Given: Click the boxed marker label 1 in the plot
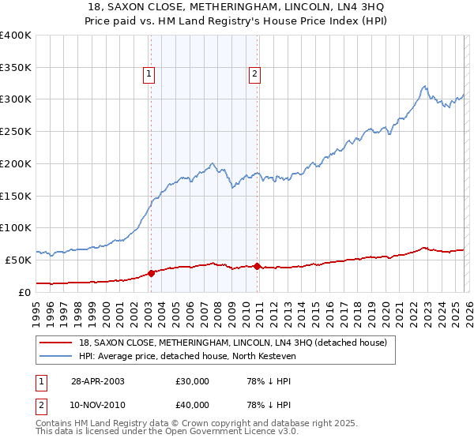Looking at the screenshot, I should pyautogui.click(x=149, y=75).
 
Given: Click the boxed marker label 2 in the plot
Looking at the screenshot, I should pyautogui.click(x=255, y=75).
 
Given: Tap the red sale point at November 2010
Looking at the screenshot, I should pyautogui.click(x=258, y=266).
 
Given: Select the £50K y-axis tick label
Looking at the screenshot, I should pyautogui.click(x=18, y=260).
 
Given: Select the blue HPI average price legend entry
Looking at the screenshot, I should pyautogui.click(x=186, y=357).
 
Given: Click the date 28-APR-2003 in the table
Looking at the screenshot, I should pyautogui.click(x=96, y=381).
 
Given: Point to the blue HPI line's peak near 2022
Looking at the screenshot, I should pyautogui.click(x=424, y=86).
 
